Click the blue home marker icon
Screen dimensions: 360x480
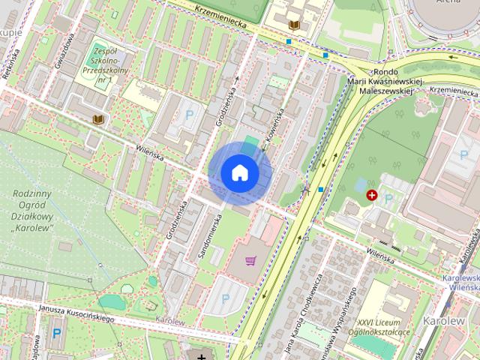tap(239, 173)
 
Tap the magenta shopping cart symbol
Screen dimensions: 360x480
tap(251, 261)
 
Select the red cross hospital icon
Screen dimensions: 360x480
tap(371, 195)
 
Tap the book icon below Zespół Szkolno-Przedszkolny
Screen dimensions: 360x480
tap(97, 118)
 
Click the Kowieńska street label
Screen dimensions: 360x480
tap(273, 125)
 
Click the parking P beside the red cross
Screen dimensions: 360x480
tap(388, 199)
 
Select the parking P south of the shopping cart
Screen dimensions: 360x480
tap(226, 298)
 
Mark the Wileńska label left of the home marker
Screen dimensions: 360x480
tap(151, 151)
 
